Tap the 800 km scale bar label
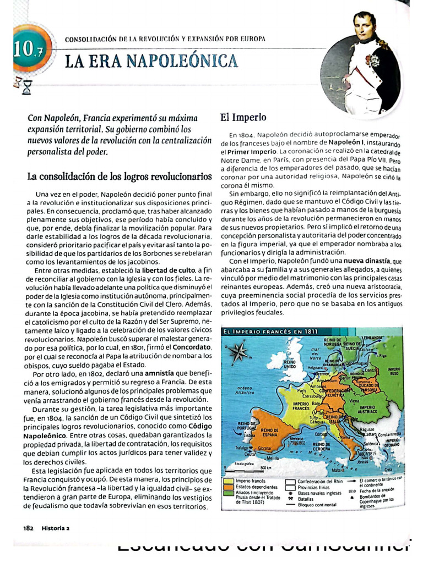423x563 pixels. (x=265, y=468)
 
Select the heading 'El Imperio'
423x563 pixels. (x=243, y=117)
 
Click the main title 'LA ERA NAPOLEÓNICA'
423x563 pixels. (x=151, y=60)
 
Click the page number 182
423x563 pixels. (x=29, y=527)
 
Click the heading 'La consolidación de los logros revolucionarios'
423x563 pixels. (x=120, y=176)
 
